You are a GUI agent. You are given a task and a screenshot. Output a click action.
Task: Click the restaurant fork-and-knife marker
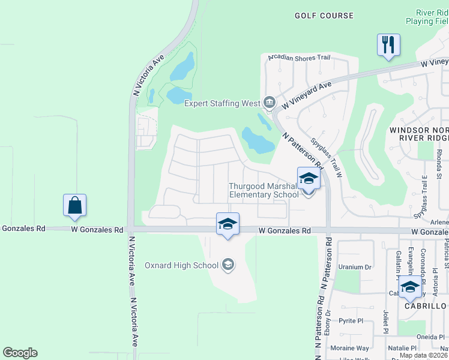(x=388, y=44)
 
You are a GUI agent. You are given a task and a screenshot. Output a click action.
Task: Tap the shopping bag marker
(x=74, y=205)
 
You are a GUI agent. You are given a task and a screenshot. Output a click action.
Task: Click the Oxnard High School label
(x=181, y=265)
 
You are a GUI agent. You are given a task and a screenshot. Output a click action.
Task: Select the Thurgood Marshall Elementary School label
(x=264, y=190)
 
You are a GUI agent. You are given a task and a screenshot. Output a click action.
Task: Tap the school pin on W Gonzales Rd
(x=228, y=224)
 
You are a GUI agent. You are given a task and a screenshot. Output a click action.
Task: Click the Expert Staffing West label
(x=221, y=103)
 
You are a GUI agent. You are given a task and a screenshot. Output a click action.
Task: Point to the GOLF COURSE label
(x=324, y=16)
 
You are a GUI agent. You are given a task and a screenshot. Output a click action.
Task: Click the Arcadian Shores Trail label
(x=299, y=58)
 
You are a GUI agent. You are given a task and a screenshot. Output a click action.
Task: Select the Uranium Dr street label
(x=355, y=267)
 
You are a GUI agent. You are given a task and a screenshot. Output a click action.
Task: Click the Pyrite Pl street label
(x=351, y=321)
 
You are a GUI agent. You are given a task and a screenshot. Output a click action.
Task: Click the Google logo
(x=20, y=353)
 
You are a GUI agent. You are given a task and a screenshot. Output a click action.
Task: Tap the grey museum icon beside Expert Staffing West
(x=270, y=103)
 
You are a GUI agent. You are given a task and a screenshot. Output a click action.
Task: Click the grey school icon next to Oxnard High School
(x=228, y=265)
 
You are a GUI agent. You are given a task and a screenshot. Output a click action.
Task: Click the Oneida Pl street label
(x=432, y=337)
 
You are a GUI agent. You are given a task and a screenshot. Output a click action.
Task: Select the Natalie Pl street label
(x=402, y=348)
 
